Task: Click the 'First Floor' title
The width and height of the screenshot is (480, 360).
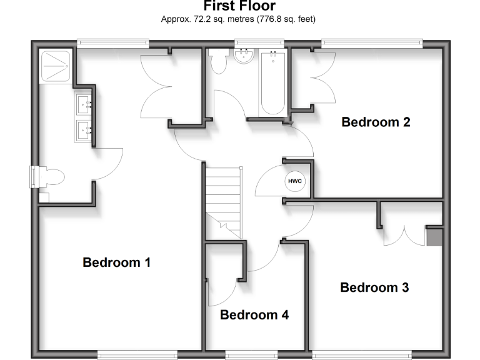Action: [239, 6]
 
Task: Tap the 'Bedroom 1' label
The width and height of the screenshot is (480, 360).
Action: [117, 262]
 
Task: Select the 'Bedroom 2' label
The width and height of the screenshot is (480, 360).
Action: [376, 122]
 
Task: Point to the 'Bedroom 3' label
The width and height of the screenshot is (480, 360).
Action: [374, 287]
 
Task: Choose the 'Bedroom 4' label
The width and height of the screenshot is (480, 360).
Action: [254, 315]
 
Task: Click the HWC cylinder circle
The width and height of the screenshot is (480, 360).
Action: [294, 181]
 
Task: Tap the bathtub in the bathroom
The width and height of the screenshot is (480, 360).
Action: [272, 83]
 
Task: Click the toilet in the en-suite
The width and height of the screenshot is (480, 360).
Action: [51, 176]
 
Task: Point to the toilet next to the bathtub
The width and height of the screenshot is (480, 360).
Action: [219, 62]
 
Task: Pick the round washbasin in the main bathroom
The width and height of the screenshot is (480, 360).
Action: [242, 57]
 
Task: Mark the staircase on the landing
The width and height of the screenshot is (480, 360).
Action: [224, 200]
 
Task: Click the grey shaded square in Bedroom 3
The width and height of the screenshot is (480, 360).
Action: [434, 237]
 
